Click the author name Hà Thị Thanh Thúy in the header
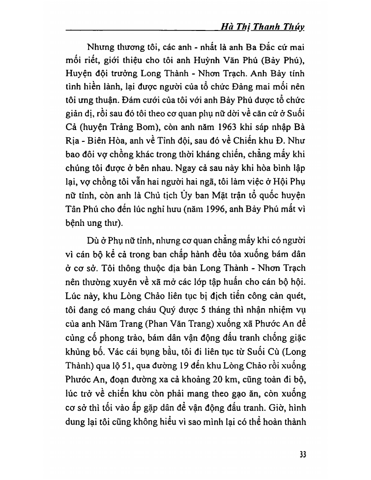coord(262,27)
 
